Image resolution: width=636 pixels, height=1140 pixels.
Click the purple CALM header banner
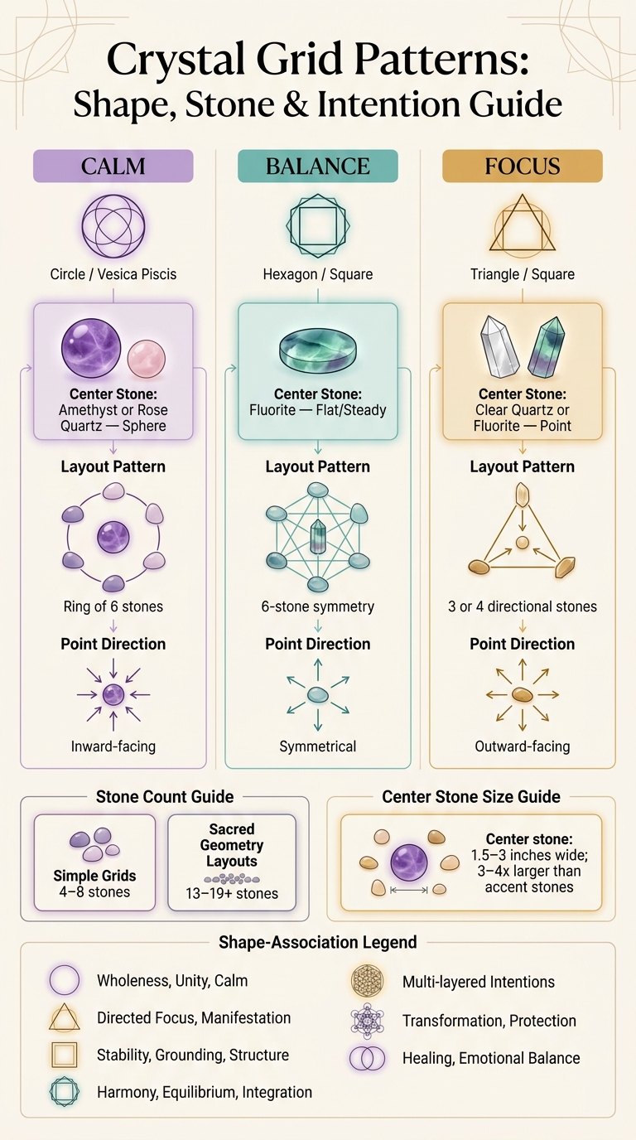[113, 166]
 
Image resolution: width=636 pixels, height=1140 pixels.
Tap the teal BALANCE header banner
[317, 166]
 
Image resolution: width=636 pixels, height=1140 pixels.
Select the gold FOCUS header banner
[523, 166]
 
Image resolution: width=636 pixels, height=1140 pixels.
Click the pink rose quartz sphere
[147, 358]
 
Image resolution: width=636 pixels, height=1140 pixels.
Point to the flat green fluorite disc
[318, 350]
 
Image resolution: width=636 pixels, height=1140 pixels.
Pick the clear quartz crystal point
[499, 346]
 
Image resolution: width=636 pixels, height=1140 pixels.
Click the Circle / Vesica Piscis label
[113, 274]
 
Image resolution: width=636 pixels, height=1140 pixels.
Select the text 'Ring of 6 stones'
[113, 606]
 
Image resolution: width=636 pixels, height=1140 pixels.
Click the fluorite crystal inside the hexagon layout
[318, 536]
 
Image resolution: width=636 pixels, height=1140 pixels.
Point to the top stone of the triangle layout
[522, 494]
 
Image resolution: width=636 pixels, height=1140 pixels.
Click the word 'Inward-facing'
[113, 746]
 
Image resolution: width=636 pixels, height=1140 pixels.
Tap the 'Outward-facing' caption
[523, 746]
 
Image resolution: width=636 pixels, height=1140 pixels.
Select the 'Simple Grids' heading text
[94, 876]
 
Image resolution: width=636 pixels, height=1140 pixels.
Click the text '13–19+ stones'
[232, 894]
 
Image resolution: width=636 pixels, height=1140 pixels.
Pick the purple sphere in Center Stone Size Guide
[409, 862]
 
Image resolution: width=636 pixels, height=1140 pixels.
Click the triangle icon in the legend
[64, 1018]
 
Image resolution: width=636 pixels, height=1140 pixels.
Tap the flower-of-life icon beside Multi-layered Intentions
[367, 981]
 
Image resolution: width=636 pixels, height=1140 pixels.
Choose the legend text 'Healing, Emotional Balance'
[491, 1059]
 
